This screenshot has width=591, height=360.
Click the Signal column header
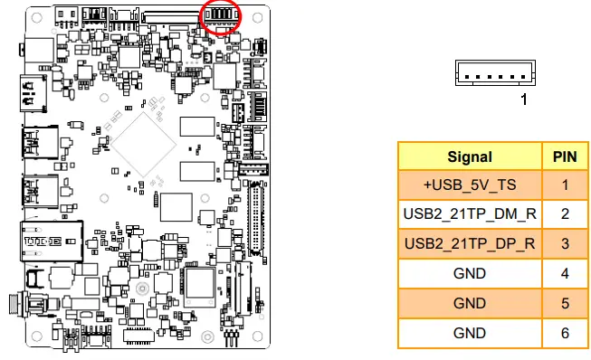point(470,156)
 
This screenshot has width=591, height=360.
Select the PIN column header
point(565,156)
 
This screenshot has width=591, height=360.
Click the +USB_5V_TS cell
point(470,185)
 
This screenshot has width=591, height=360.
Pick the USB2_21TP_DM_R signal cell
point(470,214)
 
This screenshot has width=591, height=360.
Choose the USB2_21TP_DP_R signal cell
point(470,244)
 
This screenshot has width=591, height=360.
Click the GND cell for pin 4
point(470,273)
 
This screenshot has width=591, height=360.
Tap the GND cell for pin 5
point(470,303)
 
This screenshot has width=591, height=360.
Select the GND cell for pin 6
point(470,332)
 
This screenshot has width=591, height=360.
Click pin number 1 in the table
point(565,185)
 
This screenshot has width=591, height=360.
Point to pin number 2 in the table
point(565,214)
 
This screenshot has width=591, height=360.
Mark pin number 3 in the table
point(565,244)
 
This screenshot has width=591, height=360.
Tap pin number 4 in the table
point(565,273)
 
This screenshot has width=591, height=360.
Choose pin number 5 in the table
point(565,303)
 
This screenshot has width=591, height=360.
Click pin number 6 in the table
point(565,332)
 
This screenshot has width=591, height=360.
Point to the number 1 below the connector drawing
point(523,99)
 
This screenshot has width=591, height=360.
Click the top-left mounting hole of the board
point(33,15)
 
